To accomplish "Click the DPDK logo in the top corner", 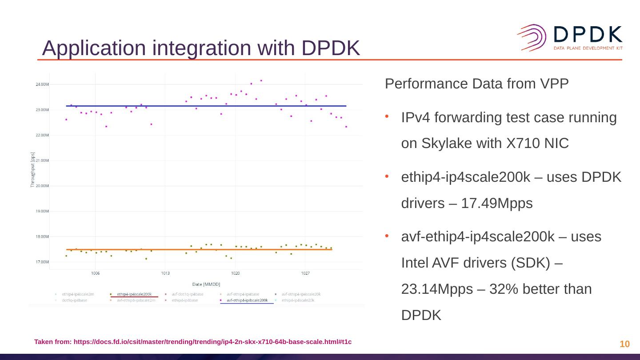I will click(570, 37).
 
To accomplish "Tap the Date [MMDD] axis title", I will click(206, 284).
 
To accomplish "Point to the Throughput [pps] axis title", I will click(32, 170).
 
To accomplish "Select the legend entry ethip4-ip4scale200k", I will click(134, 294).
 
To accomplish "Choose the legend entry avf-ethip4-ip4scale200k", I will click(247, 300).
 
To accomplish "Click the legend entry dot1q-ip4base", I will click(75, 300).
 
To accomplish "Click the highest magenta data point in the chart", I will click(261, 80).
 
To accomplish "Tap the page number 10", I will click(624, 344).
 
